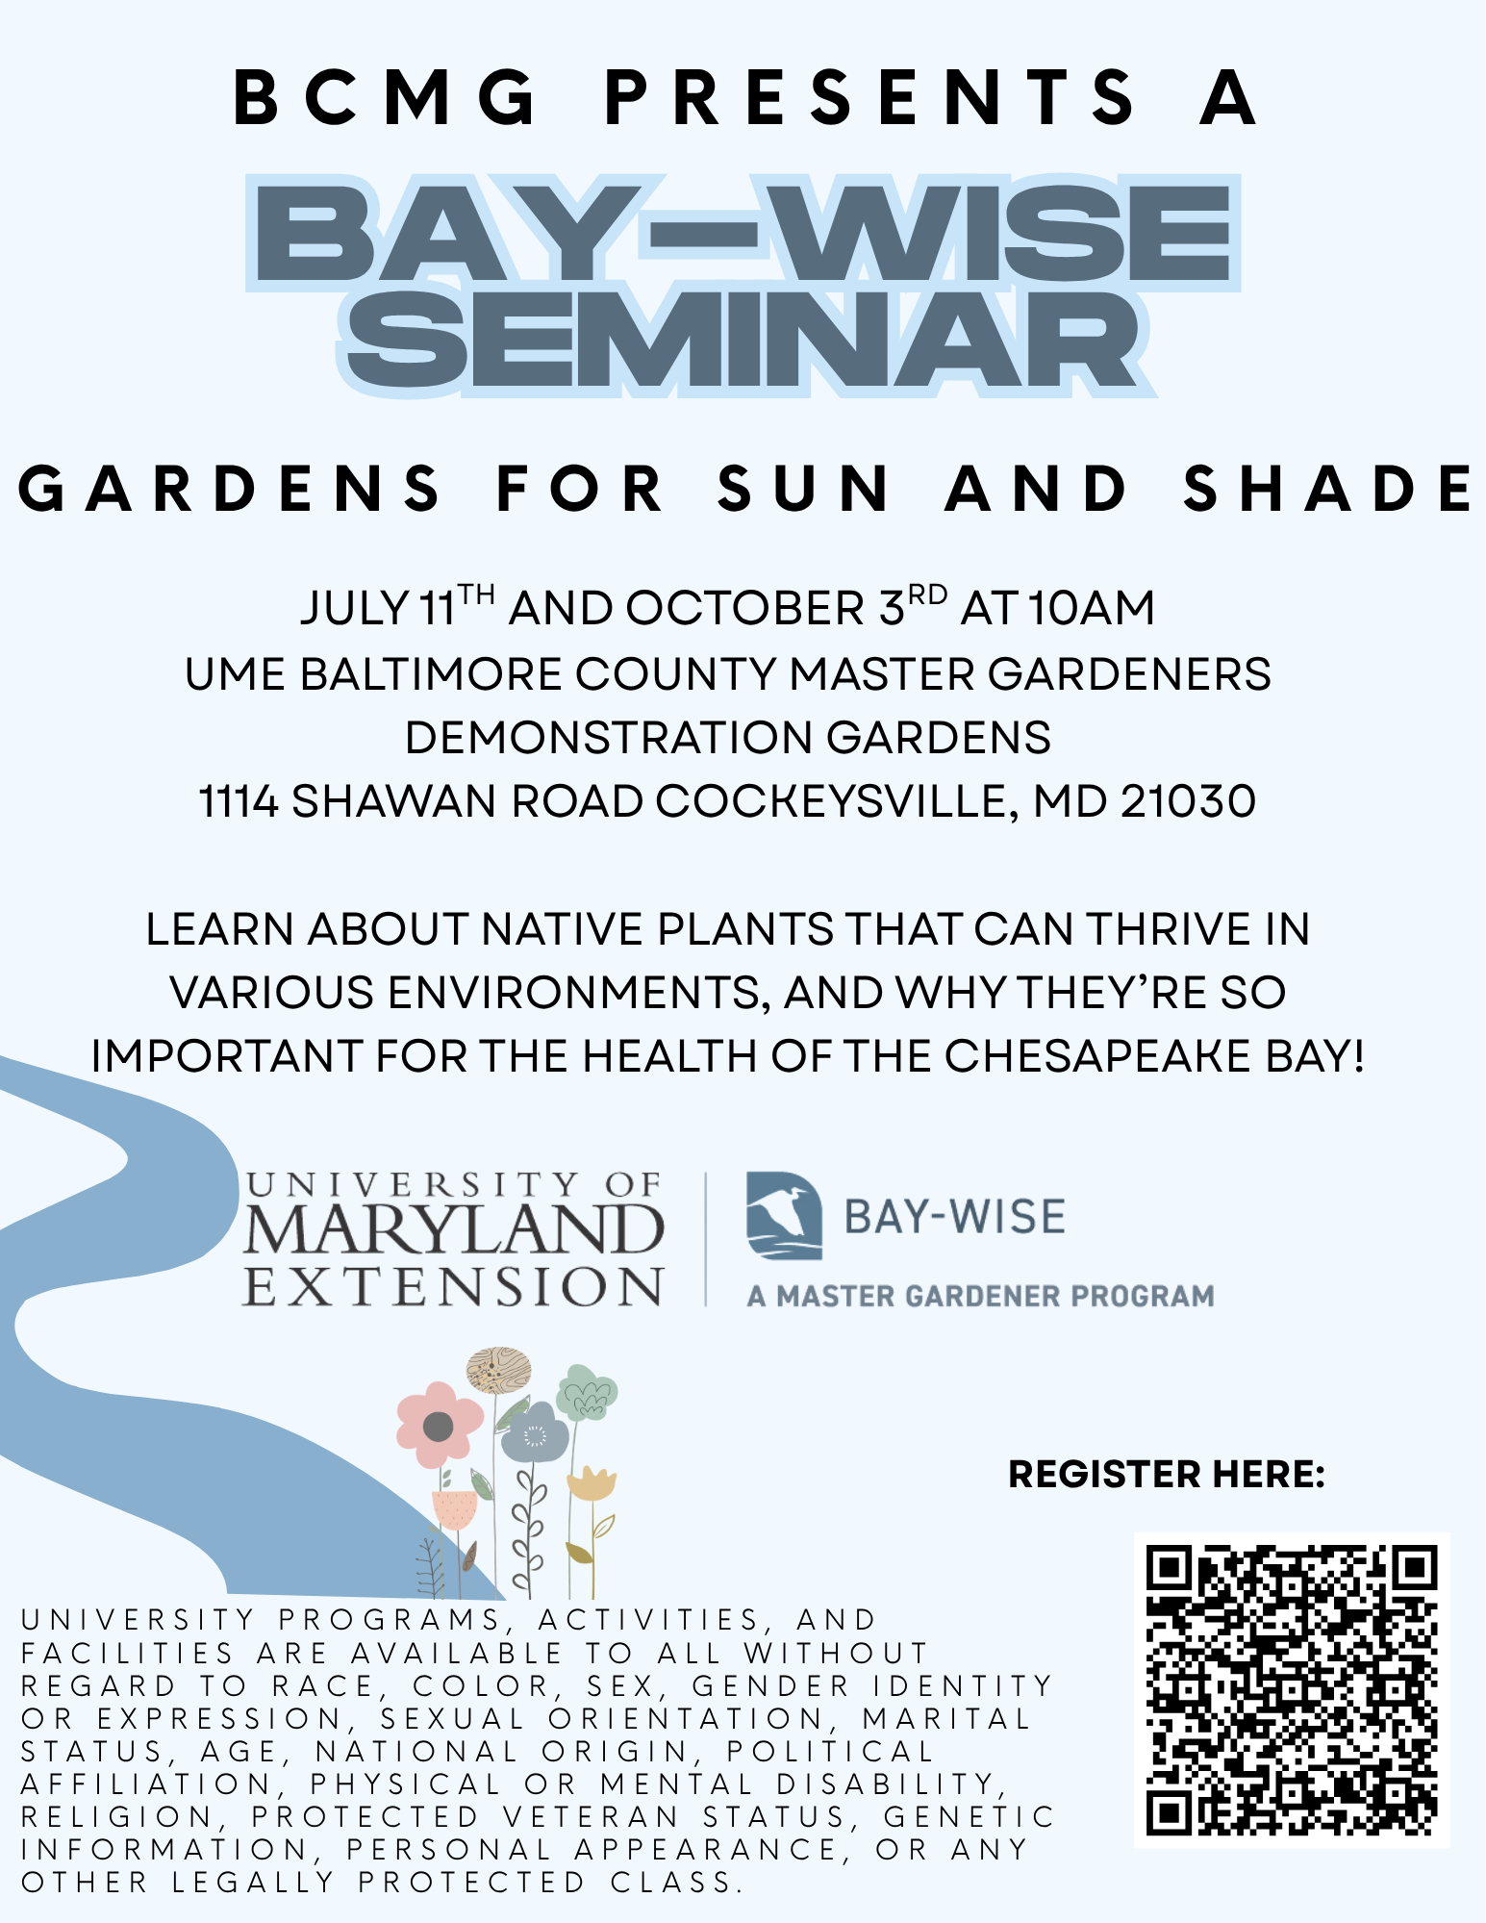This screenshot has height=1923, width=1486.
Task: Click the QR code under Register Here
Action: click(1292, 1689)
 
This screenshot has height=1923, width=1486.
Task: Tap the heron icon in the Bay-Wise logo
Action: click(784, 1215)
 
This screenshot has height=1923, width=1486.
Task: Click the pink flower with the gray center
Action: click(439, 1425)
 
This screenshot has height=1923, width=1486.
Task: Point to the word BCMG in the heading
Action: click(386, 98)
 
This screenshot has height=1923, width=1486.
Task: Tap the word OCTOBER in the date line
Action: click(745, 609)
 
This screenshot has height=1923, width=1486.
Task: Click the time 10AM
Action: click(1091, 609)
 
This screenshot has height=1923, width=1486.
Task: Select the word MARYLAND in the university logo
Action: click(453, 1230)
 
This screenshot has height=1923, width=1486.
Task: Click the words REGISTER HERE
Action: click(1167, 1474)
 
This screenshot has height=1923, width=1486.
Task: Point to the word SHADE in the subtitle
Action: click(1328, 489)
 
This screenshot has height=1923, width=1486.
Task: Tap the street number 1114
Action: click(239, 801)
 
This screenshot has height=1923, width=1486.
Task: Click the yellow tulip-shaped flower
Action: click(591, 1484)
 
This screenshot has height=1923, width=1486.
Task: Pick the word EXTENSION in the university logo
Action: click(453, 1286)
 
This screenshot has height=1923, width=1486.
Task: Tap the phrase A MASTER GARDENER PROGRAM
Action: click(981, 1296)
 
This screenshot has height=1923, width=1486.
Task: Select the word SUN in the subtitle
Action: click(805, 489)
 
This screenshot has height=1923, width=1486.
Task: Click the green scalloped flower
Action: click(587, 1392)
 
